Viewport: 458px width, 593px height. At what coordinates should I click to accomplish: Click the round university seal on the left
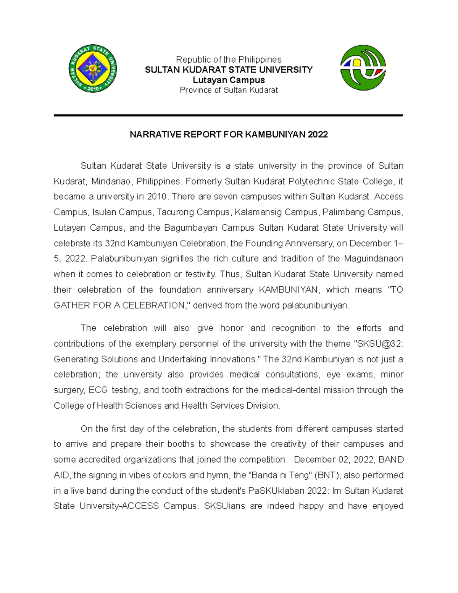point(93,69)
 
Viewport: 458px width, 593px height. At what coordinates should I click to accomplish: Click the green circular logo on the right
point(363,68)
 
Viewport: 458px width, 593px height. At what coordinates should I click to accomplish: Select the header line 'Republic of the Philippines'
point(228,60)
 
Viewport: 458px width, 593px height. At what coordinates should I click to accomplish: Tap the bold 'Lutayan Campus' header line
point(228,80)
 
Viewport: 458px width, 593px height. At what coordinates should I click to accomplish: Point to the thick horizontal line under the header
point(228,115)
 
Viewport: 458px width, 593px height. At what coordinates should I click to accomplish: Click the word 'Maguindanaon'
point(373,259)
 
